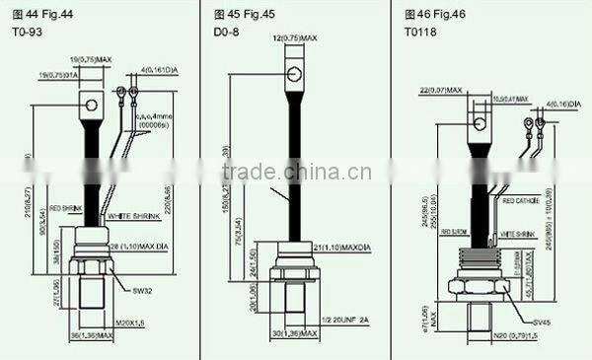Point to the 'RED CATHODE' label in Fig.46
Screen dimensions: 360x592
coord(521,200)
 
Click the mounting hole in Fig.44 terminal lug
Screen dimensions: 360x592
coord(89,103)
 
